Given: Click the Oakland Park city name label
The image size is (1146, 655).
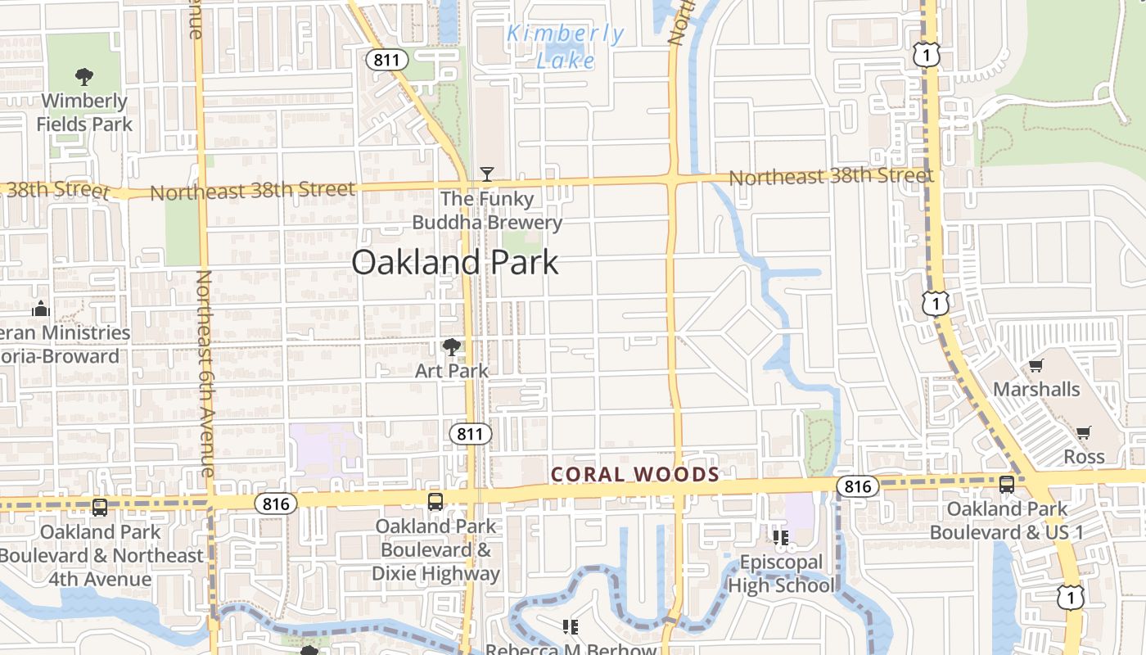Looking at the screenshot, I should point(455,262).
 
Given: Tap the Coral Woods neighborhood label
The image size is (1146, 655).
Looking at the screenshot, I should point(635,474).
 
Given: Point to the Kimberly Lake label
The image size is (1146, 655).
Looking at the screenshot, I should point(565,47).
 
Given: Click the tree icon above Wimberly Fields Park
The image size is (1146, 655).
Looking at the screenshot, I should point(83,78).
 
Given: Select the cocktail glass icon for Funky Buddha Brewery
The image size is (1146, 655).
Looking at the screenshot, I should point(487,174).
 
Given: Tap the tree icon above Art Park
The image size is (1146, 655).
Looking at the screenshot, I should point(451,347).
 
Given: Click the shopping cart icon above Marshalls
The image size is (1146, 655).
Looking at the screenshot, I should point(1036,366).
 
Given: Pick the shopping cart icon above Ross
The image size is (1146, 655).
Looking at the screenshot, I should point(1084,433).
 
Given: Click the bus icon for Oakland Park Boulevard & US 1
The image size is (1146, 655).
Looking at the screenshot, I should point(1007,485).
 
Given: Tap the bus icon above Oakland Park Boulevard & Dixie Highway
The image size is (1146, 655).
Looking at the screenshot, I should point(435,502).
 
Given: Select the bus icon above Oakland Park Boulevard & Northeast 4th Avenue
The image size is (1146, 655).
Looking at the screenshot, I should point(100,508).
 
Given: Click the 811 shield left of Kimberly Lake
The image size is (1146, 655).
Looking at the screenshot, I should point(387,59).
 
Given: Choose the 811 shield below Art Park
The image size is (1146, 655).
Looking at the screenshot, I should point(470,433).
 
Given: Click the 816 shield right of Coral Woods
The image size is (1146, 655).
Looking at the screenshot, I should point(857,487).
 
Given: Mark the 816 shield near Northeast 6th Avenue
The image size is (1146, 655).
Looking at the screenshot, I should point(275,504).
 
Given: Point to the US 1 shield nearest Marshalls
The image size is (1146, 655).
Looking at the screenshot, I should point(936,304).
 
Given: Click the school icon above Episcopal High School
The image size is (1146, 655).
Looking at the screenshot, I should point(780,538).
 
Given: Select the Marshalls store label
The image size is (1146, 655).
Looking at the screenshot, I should point(1036,389).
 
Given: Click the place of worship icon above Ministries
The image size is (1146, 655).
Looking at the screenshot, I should point(40,309).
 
